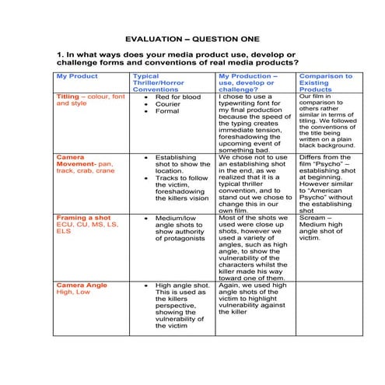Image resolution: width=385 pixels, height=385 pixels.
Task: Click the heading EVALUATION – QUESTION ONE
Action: (192, 39)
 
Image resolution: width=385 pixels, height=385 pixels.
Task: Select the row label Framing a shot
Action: (82, 218)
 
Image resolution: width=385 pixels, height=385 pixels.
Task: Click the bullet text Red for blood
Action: (177, 97)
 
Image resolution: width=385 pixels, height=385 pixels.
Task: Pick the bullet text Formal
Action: (166, 111)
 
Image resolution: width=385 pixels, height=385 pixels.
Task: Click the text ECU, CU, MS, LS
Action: (86, 224)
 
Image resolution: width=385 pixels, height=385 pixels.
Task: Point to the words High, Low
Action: (72, 292)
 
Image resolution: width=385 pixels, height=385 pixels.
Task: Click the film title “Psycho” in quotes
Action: (324, 165)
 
